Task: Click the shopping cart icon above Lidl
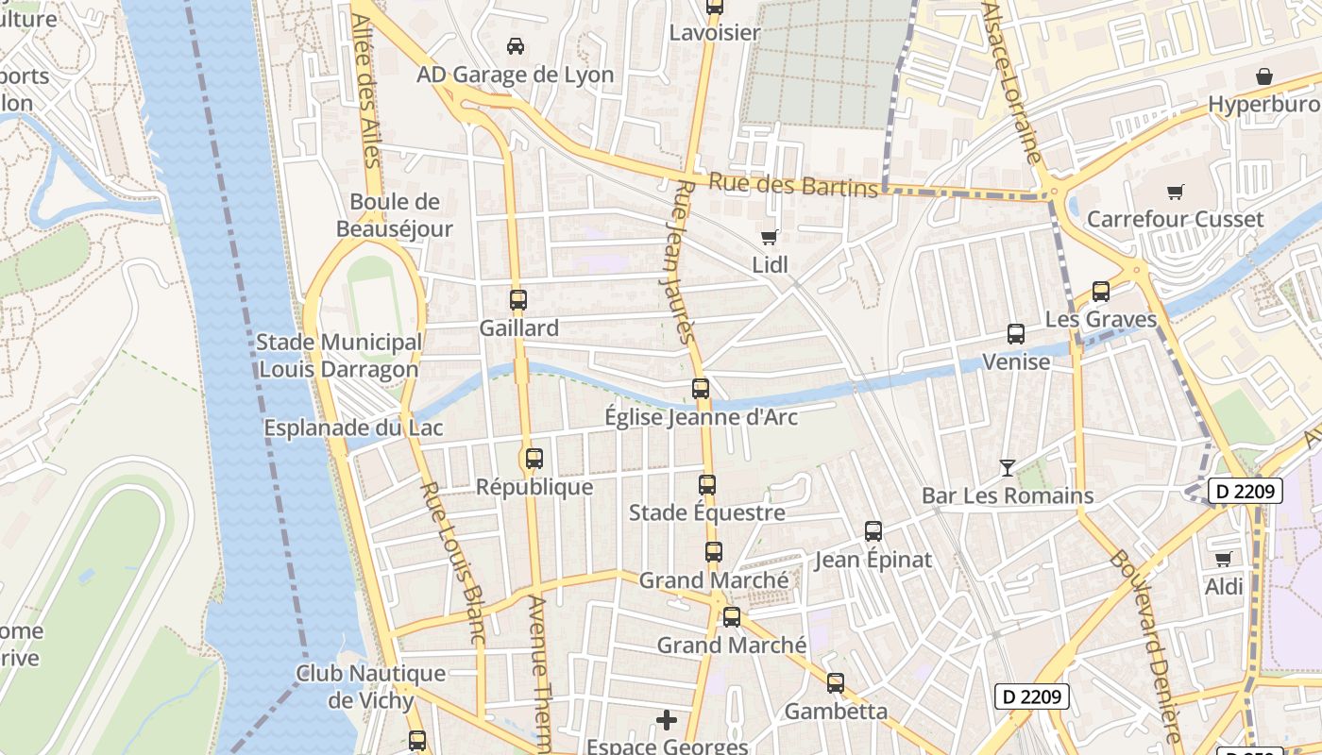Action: tap(770, 237)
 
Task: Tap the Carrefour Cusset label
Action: tap(1175, 219)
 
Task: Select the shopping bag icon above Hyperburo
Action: tap(1263, 76)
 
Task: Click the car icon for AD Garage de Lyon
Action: tap(516, 45)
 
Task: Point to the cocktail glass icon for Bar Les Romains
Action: tap(1007, 467)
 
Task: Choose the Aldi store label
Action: tap(1224, 586)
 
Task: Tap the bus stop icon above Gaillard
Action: tap(517, 300)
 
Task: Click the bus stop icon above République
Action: tap(534, 459)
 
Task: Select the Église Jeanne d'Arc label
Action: tap(701, 417)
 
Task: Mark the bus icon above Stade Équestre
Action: tap(707, 485)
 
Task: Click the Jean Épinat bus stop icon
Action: tap(873, 531)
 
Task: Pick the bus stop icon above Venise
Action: tap(1016, 334)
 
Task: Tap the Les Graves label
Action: tap(1100, 319)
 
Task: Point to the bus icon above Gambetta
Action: tap(836, 683)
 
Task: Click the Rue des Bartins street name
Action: tap(793, 185)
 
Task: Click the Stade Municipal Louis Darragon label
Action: tap(339, 356)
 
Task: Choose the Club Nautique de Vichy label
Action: tap(370, 686)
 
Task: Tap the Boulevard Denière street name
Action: tap(1158, 642)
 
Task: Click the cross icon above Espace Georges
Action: tap(667, 720)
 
